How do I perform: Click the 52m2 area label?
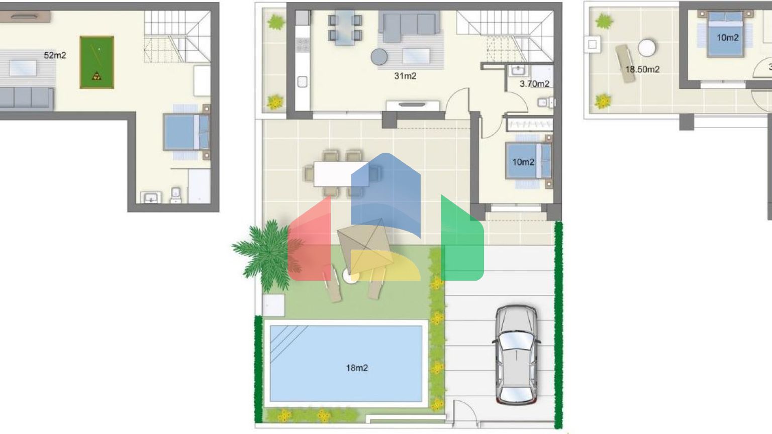[55, 55]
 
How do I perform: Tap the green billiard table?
[97, 62]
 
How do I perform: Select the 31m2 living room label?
[405, 76]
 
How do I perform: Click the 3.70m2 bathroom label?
[534, 84]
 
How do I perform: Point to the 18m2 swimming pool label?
[357, 368]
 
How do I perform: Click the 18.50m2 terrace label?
[642, 70]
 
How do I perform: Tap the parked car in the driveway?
[516, 355]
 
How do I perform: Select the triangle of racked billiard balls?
[97, 76]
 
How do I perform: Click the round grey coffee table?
[379, 57]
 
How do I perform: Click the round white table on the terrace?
[646, 48]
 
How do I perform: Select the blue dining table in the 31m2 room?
[345, 28]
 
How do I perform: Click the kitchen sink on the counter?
[302, 82]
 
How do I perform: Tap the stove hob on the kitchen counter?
[303, 44]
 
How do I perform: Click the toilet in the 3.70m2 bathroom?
[546, 102]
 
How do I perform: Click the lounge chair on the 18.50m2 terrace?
[625, 64]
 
